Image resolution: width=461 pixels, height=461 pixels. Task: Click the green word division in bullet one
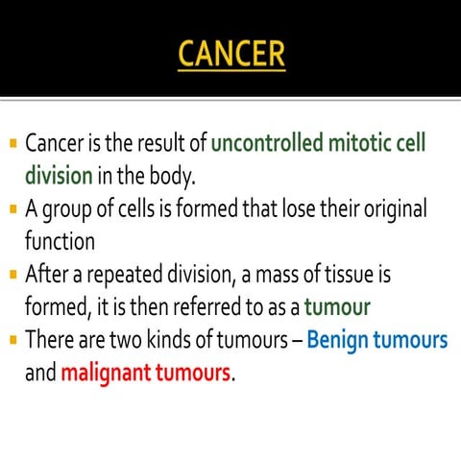click(59, 177)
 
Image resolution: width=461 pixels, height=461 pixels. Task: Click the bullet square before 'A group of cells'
click(12, 208)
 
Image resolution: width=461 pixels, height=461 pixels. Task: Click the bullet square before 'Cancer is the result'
click(12, 144)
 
